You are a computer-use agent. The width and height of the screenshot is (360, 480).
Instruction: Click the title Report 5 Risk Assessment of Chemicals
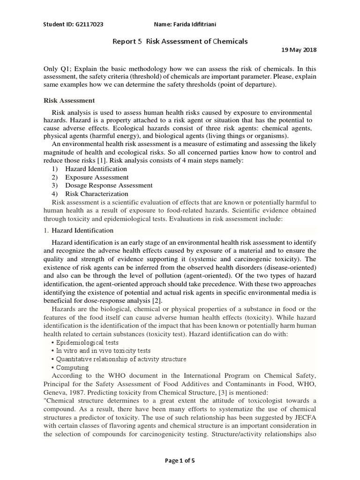[x=180, y=41]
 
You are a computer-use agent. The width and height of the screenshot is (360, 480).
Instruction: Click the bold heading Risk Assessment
[x=69, y=100]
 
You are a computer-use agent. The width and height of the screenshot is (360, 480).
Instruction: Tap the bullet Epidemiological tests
[x=84, y=342]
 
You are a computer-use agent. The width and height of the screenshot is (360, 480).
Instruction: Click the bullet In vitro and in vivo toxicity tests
[x=100, y=351]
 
